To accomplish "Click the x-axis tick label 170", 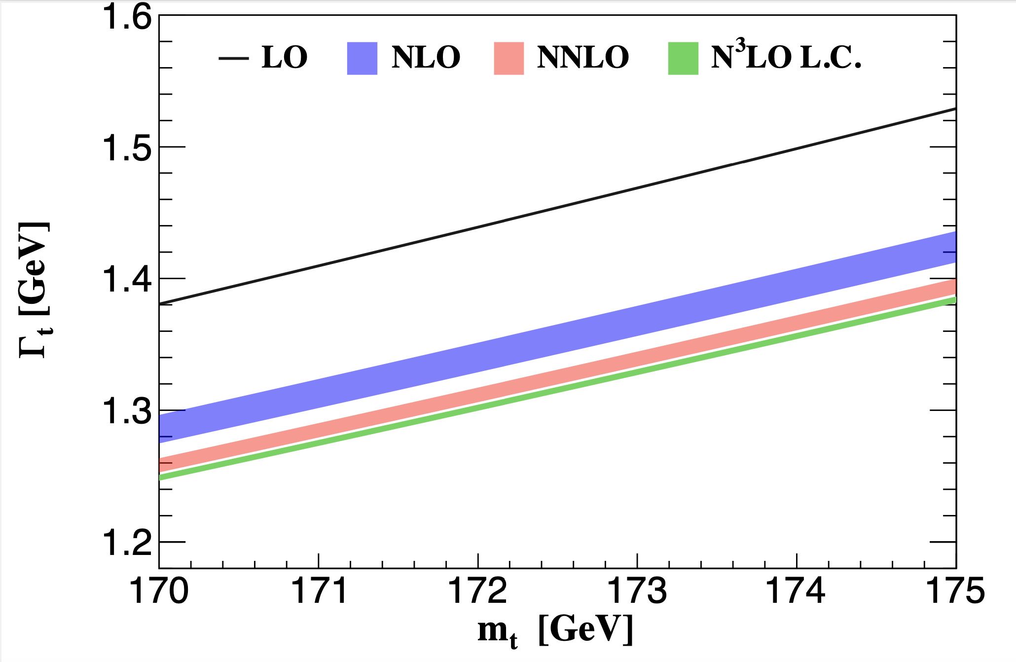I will coord(159,591).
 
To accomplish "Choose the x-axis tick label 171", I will coord(319,591).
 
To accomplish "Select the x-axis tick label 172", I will coord(478,591).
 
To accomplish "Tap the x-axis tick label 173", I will coord(637,591).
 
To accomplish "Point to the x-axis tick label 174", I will coord(797,591).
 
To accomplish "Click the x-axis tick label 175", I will coord(955,591).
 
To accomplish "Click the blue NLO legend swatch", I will coord(362,58).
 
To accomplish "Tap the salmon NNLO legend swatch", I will coord(508,58).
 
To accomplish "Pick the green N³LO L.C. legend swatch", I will coord(683,58).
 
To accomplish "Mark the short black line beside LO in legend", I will coord(233,58).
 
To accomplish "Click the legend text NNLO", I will coord(583,57).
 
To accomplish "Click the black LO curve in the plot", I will coord(557,206).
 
